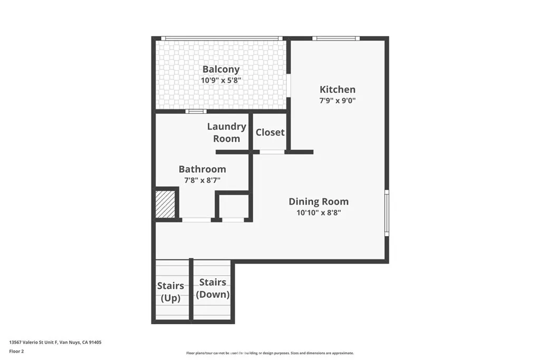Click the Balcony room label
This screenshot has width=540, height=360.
[x=221, y=69]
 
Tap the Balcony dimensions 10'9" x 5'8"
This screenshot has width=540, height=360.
[x=221, y=81]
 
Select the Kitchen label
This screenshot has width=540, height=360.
[x=337, y=90]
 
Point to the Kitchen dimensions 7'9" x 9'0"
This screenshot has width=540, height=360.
[x=337, y=101]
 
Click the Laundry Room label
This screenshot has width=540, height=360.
[x=226, y=132]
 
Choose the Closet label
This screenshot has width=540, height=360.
[x=270, y=132]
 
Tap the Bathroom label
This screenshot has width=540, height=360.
[x=202, y=169]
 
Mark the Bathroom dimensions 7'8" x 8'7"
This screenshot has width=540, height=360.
[x=202, y=180]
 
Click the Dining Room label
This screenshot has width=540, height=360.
[x=319, y=201]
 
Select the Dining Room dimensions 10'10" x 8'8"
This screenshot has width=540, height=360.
[x=319, y=213]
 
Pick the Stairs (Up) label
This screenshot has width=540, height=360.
[x=170, y=291]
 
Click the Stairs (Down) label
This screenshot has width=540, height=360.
[x=213, y=289]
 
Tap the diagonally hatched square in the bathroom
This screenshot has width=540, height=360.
[x=165, y=203]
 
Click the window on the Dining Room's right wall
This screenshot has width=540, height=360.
[x=387, y=212]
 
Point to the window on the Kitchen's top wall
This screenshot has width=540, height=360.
[x=335, y=38]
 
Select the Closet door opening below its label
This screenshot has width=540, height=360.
[x=272, y=152]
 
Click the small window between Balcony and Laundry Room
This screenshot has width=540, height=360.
[x=196, y=111]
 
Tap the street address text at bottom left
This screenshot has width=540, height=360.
[x=55, y=342]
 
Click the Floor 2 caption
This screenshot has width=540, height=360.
[x=16, y=351]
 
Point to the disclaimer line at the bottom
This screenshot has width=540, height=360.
[x=269, y=353]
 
